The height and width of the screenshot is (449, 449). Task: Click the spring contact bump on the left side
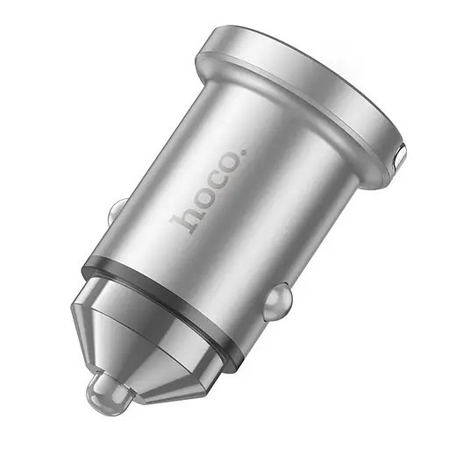(x=117, y=213)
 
